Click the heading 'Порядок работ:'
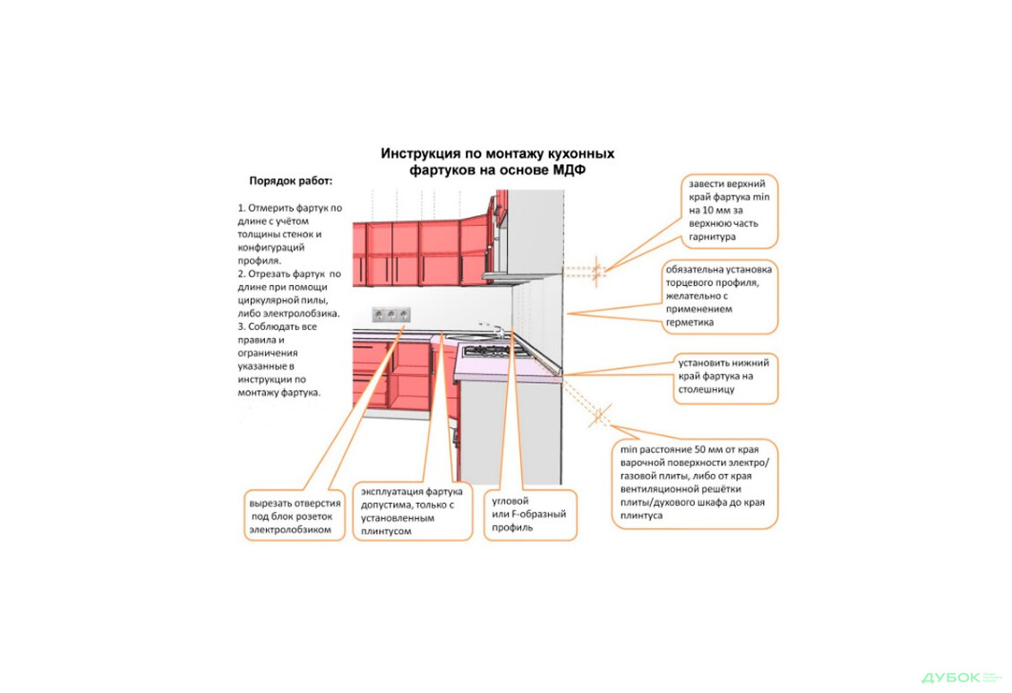click(x=290, y=180)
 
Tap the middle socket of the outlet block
click(x=391, y=314)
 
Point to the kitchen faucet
click(x=485, y=327)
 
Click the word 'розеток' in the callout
click(x=313, y=516)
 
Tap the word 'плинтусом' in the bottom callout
click(x=386, y=531)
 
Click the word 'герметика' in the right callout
click(x=690, y=322)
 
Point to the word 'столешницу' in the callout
click(x=707, y=390)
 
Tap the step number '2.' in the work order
click(x=242, y=273)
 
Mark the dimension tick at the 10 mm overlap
click(x=598, y=267)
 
